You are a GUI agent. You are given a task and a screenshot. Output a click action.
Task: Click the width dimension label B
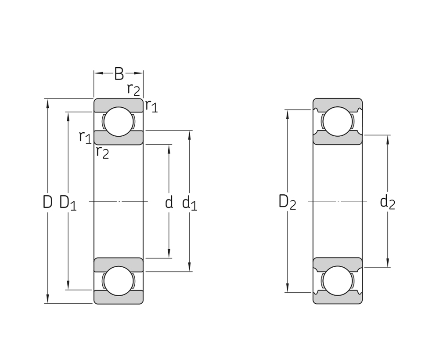pyautogui.click(x=119, y=74)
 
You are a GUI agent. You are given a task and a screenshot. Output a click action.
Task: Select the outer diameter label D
pyautogui.click(x=47, y=202)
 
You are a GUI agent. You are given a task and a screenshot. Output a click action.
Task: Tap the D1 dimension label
pyautogui.click(x=68, y=203)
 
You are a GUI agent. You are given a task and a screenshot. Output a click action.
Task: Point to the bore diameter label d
pyautogui.click(x=169, y=202)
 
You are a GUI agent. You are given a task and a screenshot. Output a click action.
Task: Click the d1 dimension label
pyautogui.click(x=189, y=203)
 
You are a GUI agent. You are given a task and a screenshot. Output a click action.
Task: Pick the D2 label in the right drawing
pyautogui.click(x=287, y=202)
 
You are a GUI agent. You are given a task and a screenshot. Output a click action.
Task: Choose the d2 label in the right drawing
pyautogui.click(x=387, y=202)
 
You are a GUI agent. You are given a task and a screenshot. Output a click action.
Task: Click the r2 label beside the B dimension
pyautogui.click(x=133, y=89)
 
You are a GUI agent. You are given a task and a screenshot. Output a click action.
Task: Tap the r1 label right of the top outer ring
pyautogui.click(x=151, y=106)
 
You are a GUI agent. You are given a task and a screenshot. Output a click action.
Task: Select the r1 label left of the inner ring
pyautogui.click(x=85, y=137)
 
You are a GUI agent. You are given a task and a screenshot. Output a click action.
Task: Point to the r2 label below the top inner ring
pyautogui.click(x=102, y=152)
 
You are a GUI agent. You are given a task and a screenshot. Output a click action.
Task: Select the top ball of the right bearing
pyautogui.click(x=338, y=121)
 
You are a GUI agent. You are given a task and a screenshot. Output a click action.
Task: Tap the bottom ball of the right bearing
pyautogui.click(x=338, y=280)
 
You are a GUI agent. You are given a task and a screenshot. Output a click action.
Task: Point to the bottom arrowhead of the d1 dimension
pyautogui.click(x=189, y=268)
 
